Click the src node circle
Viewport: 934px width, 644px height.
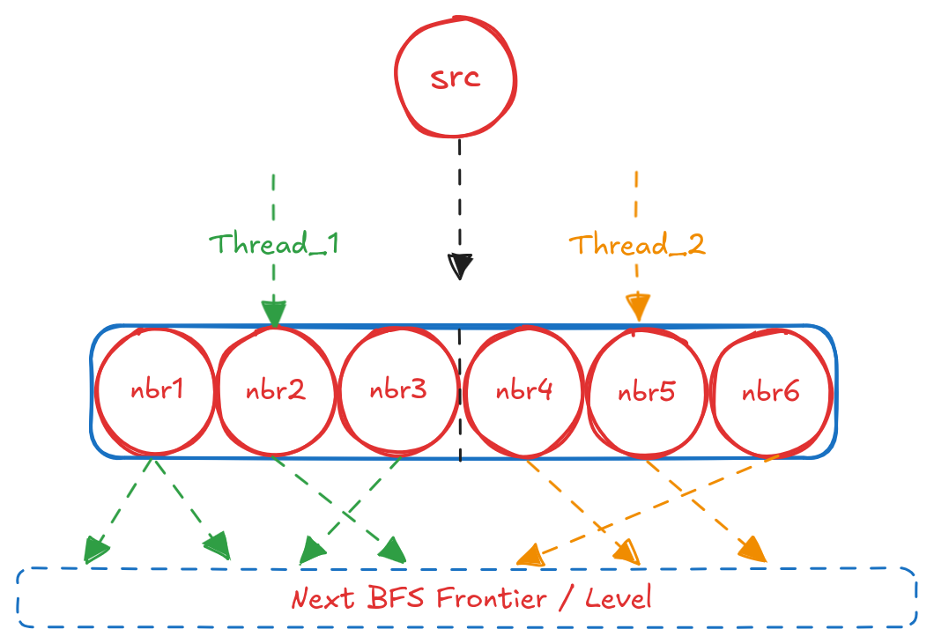click(456, 78)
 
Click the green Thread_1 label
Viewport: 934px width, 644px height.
click(274, 244)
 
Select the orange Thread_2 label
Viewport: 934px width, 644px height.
click(636, 244)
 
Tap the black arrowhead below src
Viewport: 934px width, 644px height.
click(460, 265)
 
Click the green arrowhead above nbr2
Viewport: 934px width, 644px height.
click(273, 313)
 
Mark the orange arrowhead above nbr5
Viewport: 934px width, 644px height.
click(637, 307)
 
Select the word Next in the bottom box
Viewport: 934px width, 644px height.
click(322, 600)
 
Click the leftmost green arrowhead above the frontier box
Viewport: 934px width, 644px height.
click(95, 551)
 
